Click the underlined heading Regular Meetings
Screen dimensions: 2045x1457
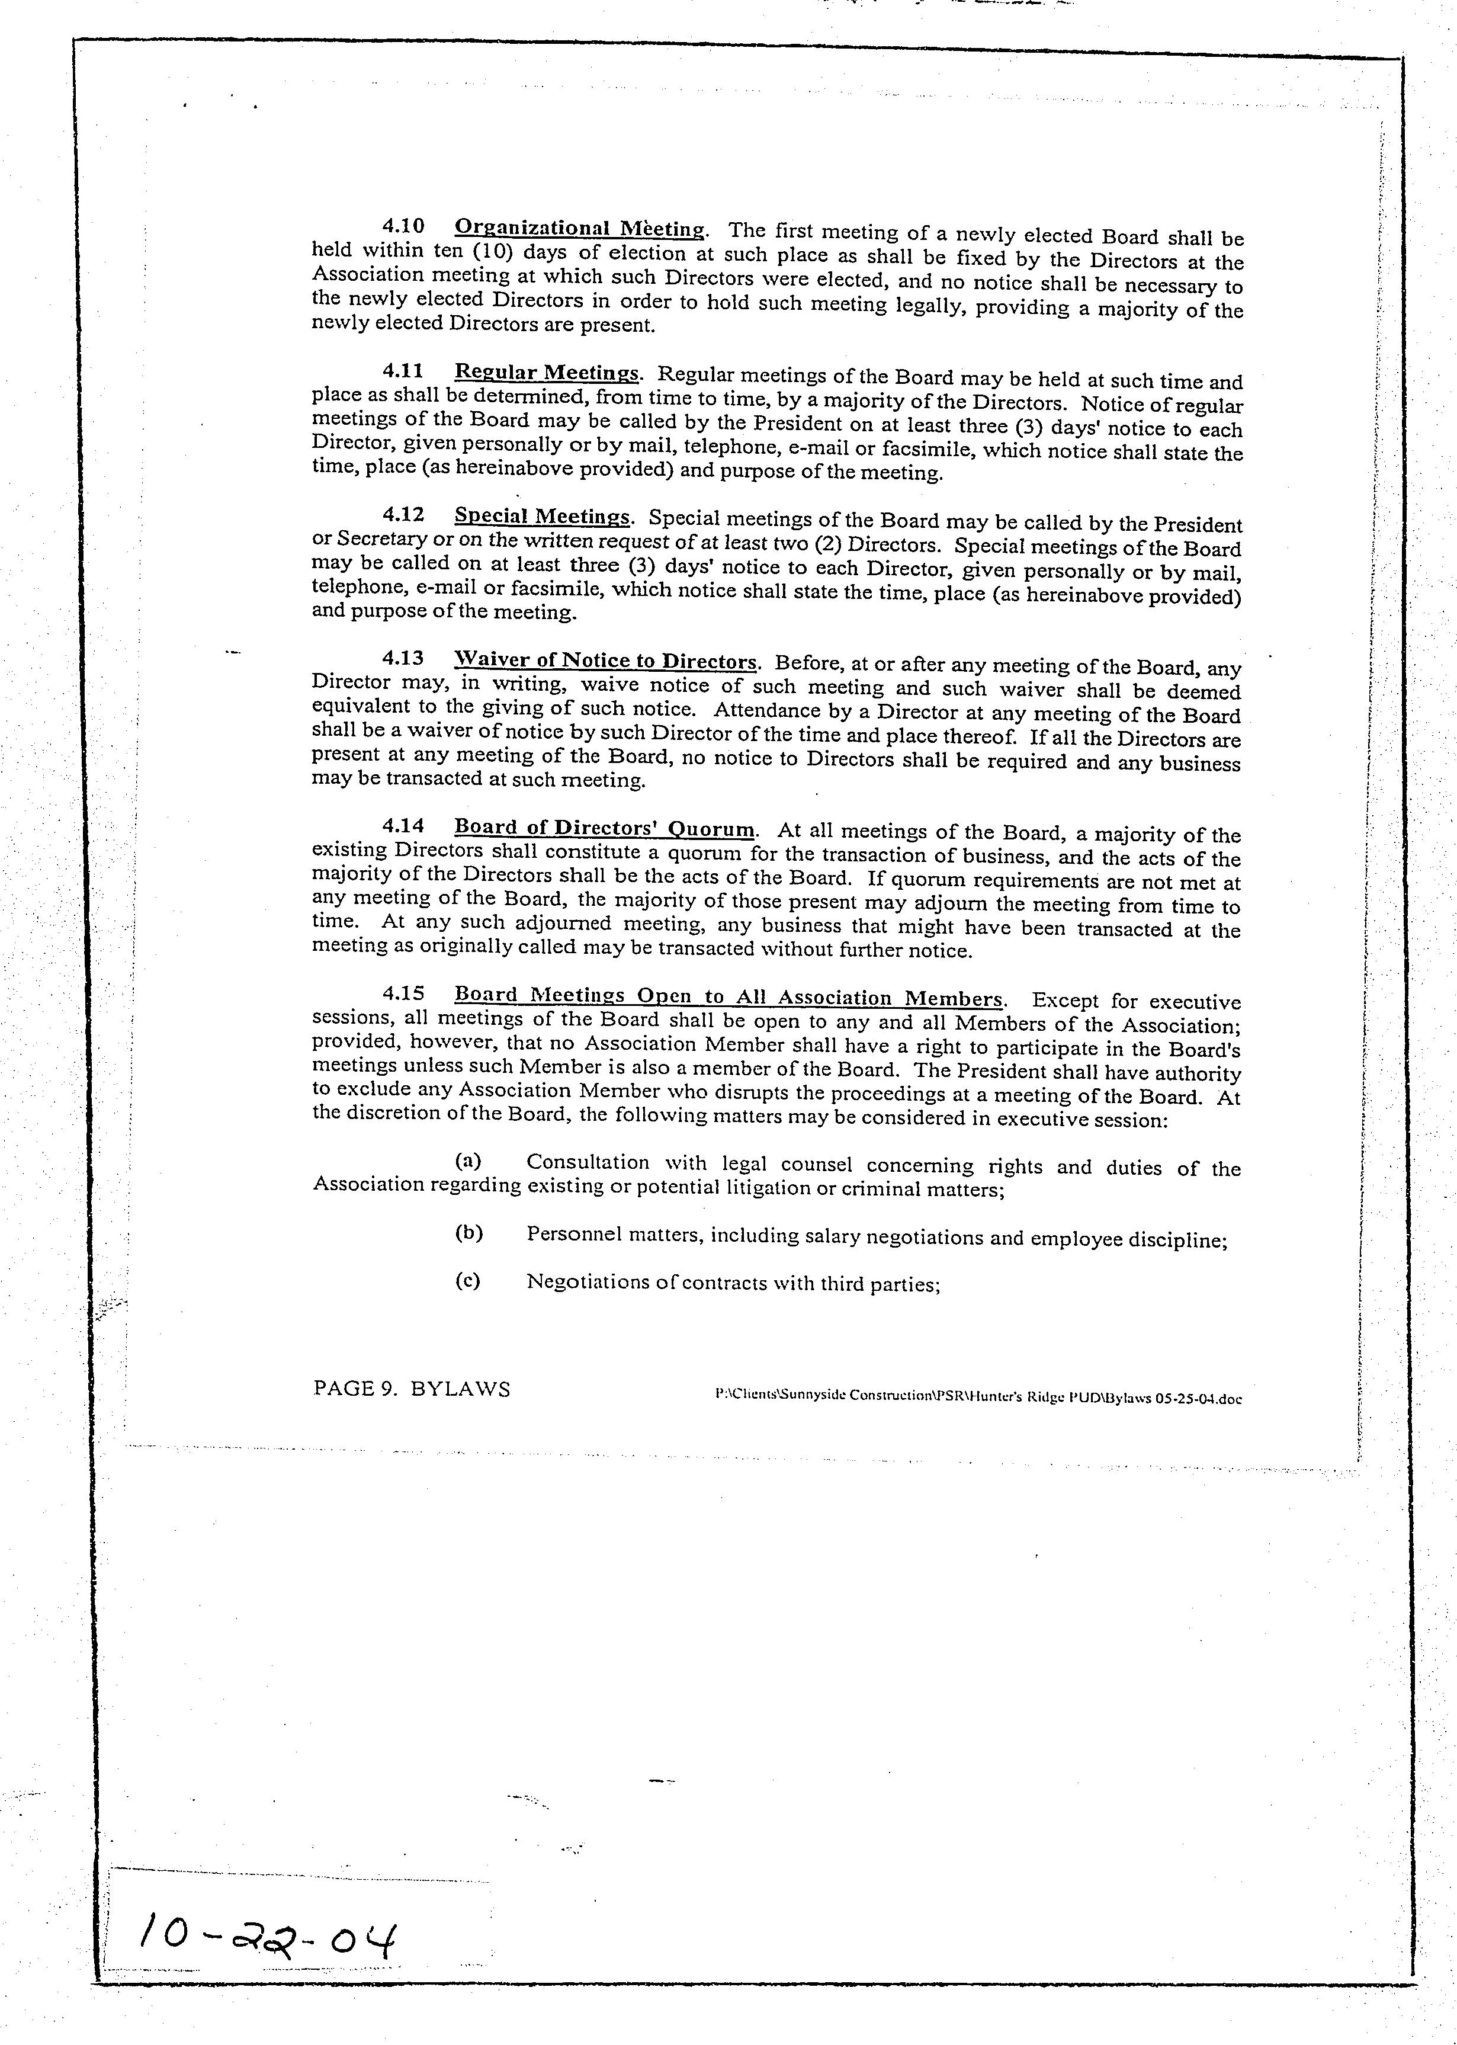coord(546,373)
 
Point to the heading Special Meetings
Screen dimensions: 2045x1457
coord(542,516)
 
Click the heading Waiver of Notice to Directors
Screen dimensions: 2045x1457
coord(605,661)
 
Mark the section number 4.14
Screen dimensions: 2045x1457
coord(403,825)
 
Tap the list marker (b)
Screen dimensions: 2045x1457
coord(468,1233)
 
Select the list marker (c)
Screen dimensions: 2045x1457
coord(467,1280)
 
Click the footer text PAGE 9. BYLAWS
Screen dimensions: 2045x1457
coord(412,1389)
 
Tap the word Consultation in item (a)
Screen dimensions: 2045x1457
coord(587,1162)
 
